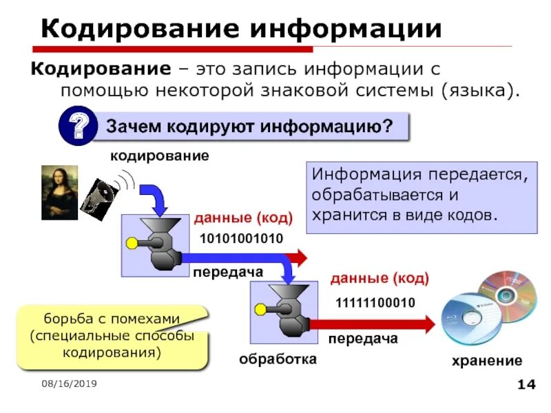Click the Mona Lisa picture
click(x=59, y=193)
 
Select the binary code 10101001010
click(x=241, y=238)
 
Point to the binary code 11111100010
click(x=375, y=303)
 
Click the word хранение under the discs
click(x=487, y=361)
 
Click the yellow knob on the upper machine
click(x=132, y=242)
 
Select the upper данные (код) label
click(x=243, y=218)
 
